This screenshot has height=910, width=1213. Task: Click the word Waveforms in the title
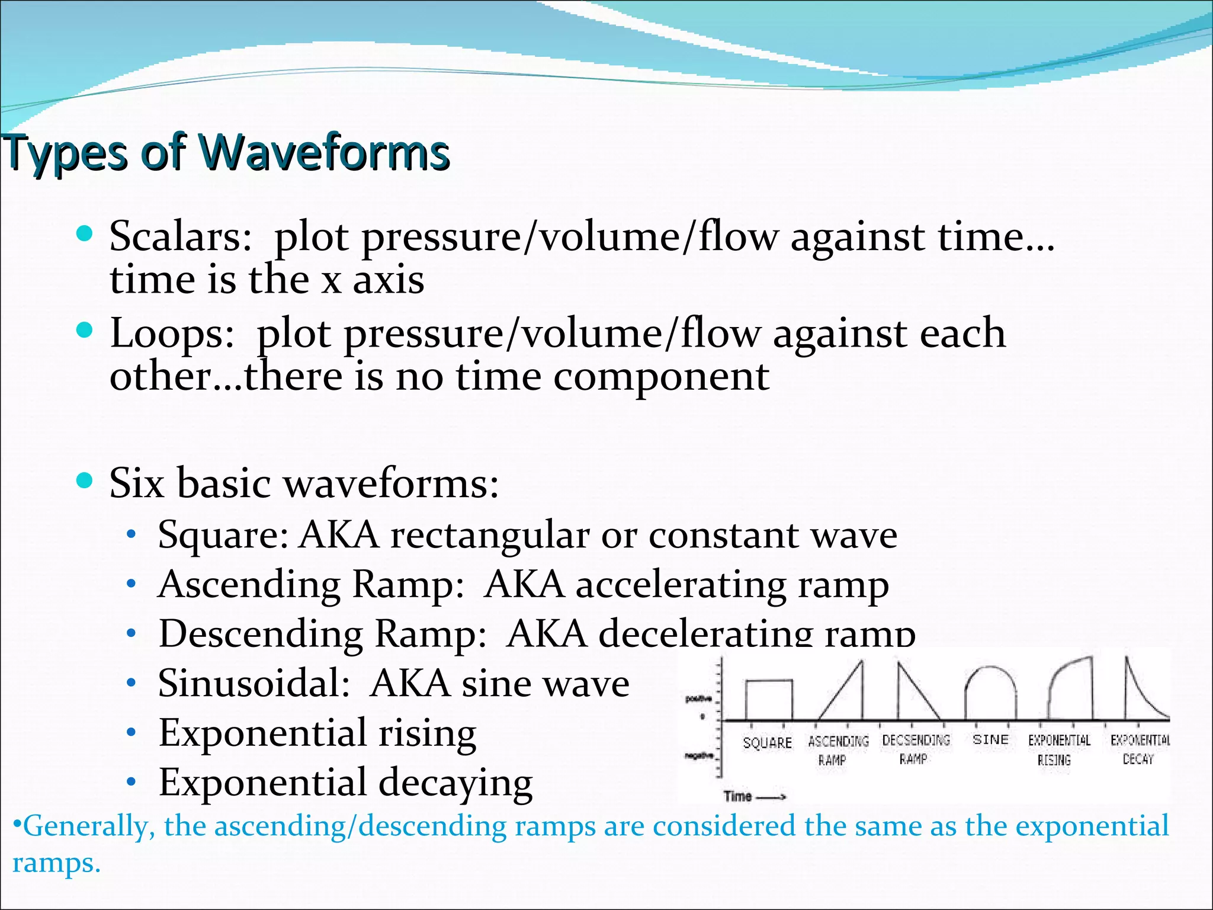click(x=325, y=153)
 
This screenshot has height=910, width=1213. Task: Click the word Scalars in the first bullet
click(x=181, y=237)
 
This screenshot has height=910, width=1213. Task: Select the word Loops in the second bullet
click(x=172, y=334)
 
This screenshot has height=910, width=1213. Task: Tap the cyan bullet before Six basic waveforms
click(x=85, y=480)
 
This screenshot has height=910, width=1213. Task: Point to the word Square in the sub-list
click(x=223, y=536)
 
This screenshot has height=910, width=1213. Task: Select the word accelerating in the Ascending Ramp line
click(x=681, y=585)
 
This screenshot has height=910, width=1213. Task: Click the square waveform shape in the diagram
click(x=769, y=700)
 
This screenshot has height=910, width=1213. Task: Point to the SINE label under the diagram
click(x=990, y=739)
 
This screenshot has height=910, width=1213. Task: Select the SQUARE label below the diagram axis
click(x=767, y=743)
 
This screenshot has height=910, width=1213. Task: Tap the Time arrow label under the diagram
click(x=753, y=796)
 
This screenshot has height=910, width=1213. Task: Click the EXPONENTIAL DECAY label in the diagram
click(x=1139, y=749)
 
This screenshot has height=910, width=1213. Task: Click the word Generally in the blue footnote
click(x=86, y=826)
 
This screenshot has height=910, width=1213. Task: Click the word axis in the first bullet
click(x=389, y=280)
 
